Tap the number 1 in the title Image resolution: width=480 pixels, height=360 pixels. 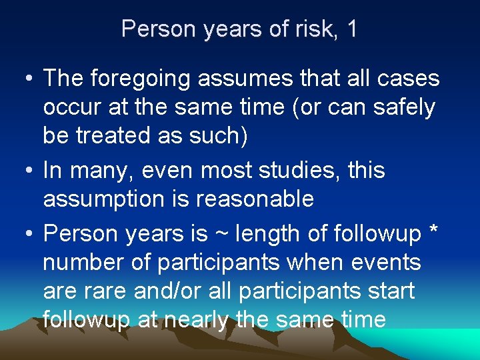pyautogui.click(x=351, y=29)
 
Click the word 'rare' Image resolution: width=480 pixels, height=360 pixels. pyautogui.click(x=104, y=291)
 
